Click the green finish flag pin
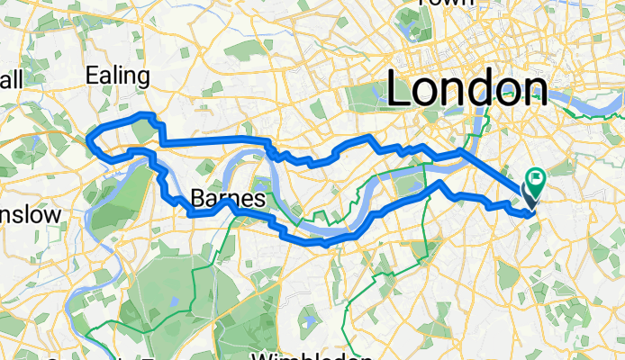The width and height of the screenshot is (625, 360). pos(537,184)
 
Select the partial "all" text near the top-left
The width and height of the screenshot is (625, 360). pos(11,80)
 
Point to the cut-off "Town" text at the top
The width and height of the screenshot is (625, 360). pos(446,3)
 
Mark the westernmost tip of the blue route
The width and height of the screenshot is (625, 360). pos(88,138)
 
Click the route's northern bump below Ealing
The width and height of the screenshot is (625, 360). pos(141,115)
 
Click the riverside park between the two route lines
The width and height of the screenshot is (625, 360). pos(410,184)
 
